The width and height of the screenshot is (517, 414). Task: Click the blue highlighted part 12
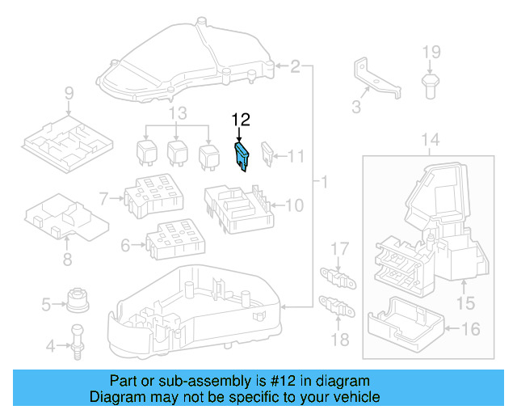click(242, 156)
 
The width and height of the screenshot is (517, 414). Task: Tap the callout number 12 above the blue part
click(242, 120)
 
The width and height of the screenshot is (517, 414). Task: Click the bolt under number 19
click(431, 84)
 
